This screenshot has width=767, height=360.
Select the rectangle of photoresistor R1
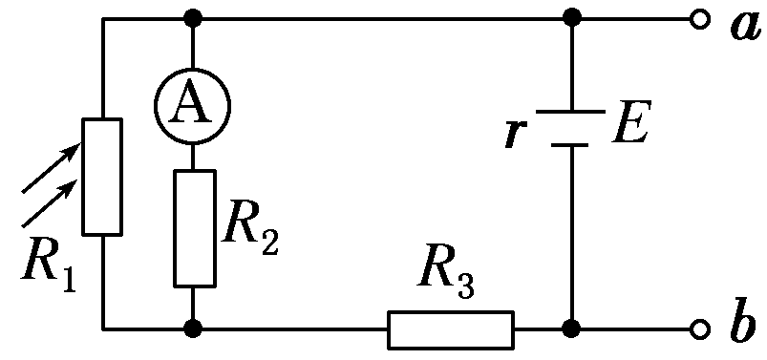click(102, 177)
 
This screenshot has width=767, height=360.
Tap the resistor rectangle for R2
click(194, 227)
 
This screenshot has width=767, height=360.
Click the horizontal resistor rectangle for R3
click(450, 329)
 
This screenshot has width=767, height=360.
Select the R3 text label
click(446, 279)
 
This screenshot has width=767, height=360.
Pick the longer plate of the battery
click(571, 112)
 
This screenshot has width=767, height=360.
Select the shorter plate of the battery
click(571, 145)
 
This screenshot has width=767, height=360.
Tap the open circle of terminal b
click(700, 329)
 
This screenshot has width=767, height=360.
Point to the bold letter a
click(742, 25)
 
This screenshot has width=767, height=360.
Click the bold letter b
click(742, 325)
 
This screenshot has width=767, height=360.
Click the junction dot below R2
click(194, 329)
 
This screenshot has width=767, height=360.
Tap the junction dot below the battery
click(571, 329)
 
